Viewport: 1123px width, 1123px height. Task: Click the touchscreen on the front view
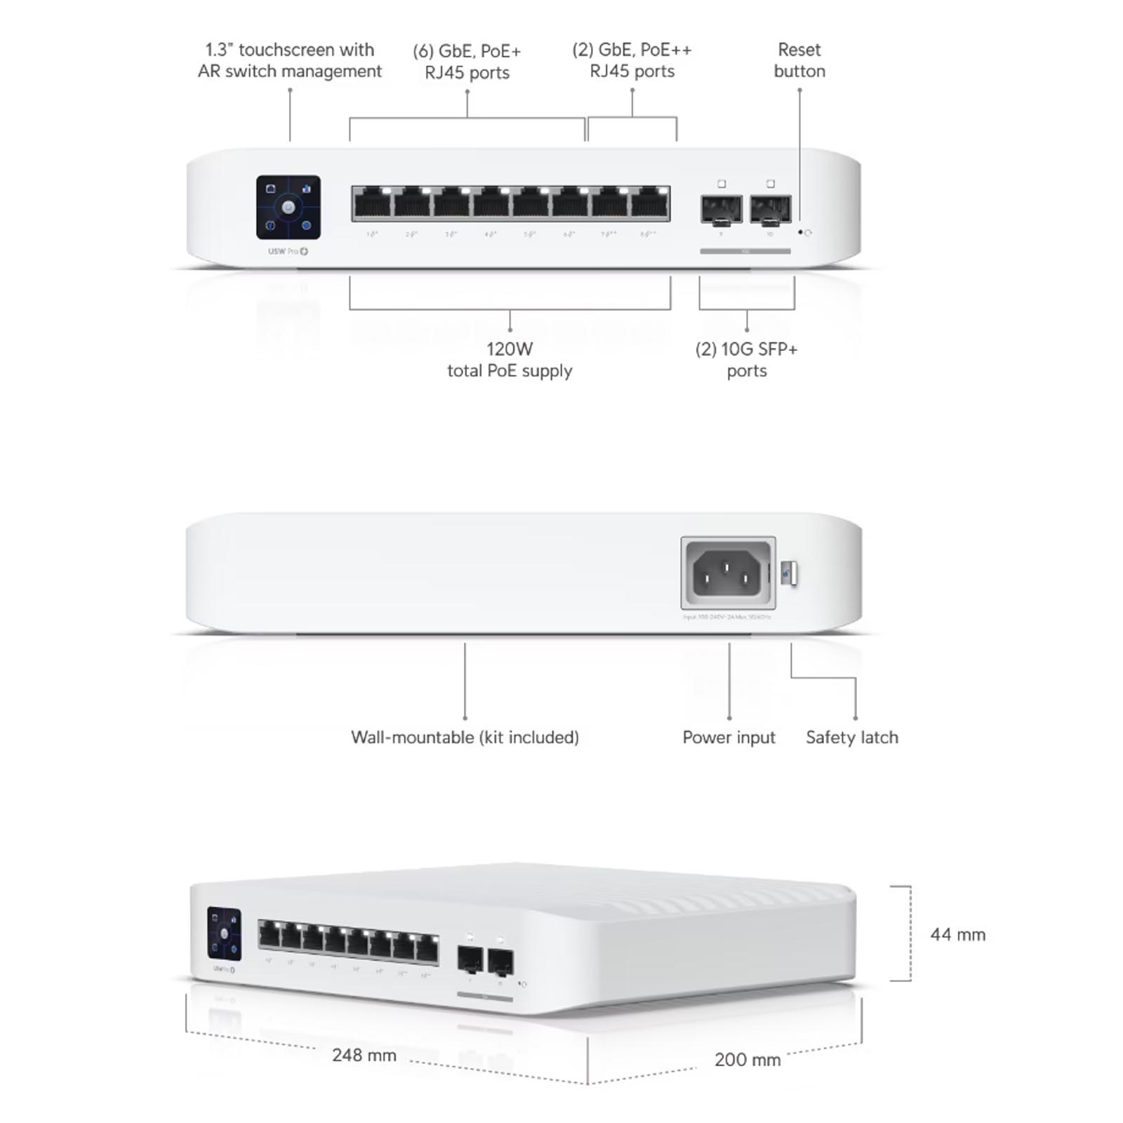point(288,207)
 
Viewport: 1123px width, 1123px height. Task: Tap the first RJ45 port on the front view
point(372,204)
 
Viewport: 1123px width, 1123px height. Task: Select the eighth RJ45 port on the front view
point(649,204)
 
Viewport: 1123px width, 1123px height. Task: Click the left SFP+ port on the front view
point(721,209)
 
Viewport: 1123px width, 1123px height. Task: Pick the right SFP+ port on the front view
point(770,209)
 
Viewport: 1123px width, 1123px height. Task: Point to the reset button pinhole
point(800,232)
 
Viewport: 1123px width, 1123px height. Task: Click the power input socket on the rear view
point(728,573)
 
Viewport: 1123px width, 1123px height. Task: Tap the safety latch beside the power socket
point(789,573)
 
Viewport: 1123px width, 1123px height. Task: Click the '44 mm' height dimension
point(957,934)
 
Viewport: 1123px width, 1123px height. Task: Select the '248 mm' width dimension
point(364,1055)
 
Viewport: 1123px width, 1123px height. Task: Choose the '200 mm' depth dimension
point(747,1059)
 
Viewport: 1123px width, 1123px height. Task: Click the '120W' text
point(510,349)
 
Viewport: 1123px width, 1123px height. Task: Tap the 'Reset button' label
point(799,60)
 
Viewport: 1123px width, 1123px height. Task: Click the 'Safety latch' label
point(851,737)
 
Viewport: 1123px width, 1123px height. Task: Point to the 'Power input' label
point(729,737)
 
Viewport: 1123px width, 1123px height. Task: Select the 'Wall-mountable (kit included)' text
point(465,737)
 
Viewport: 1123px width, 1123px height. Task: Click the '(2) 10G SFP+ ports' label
point(746,359)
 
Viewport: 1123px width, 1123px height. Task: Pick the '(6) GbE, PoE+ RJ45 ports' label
point(467,62)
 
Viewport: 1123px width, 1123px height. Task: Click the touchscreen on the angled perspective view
point(224,933)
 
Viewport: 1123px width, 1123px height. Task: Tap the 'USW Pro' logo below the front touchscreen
point(288,251)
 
